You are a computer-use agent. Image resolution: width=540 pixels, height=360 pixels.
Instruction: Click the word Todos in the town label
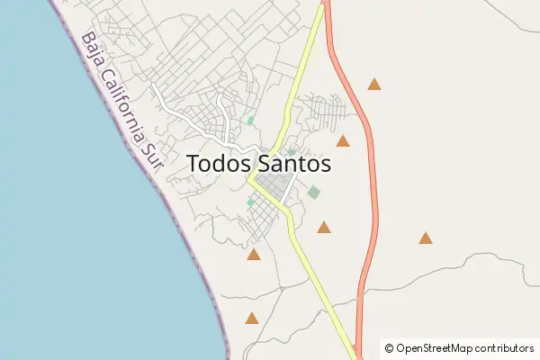(219, 164)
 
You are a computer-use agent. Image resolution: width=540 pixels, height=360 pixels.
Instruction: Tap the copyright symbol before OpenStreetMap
(389, 347)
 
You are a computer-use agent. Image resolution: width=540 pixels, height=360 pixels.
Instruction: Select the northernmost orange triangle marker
(374, 85)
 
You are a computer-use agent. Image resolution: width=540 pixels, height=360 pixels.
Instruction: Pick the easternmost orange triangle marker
(425, 238)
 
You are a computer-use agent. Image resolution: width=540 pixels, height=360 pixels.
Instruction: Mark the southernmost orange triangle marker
(252, 318)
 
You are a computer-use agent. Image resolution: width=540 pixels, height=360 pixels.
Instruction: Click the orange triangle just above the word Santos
(343, 141)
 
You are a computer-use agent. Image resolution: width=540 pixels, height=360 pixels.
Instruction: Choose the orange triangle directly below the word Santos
(323, 228)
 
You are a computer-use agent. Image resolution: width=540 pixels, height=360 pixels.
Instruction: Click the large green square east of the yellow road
(313, 192)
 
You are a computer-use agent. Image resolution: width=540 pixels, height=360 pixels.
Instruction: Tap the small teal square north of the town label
(250, 120)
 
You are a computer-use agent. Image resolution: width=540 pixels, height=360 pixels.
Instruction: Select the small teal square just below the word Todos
(250, 202)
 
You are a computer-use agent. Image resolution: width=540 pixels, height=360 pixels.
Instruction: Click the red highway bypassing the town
(372, 180)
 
